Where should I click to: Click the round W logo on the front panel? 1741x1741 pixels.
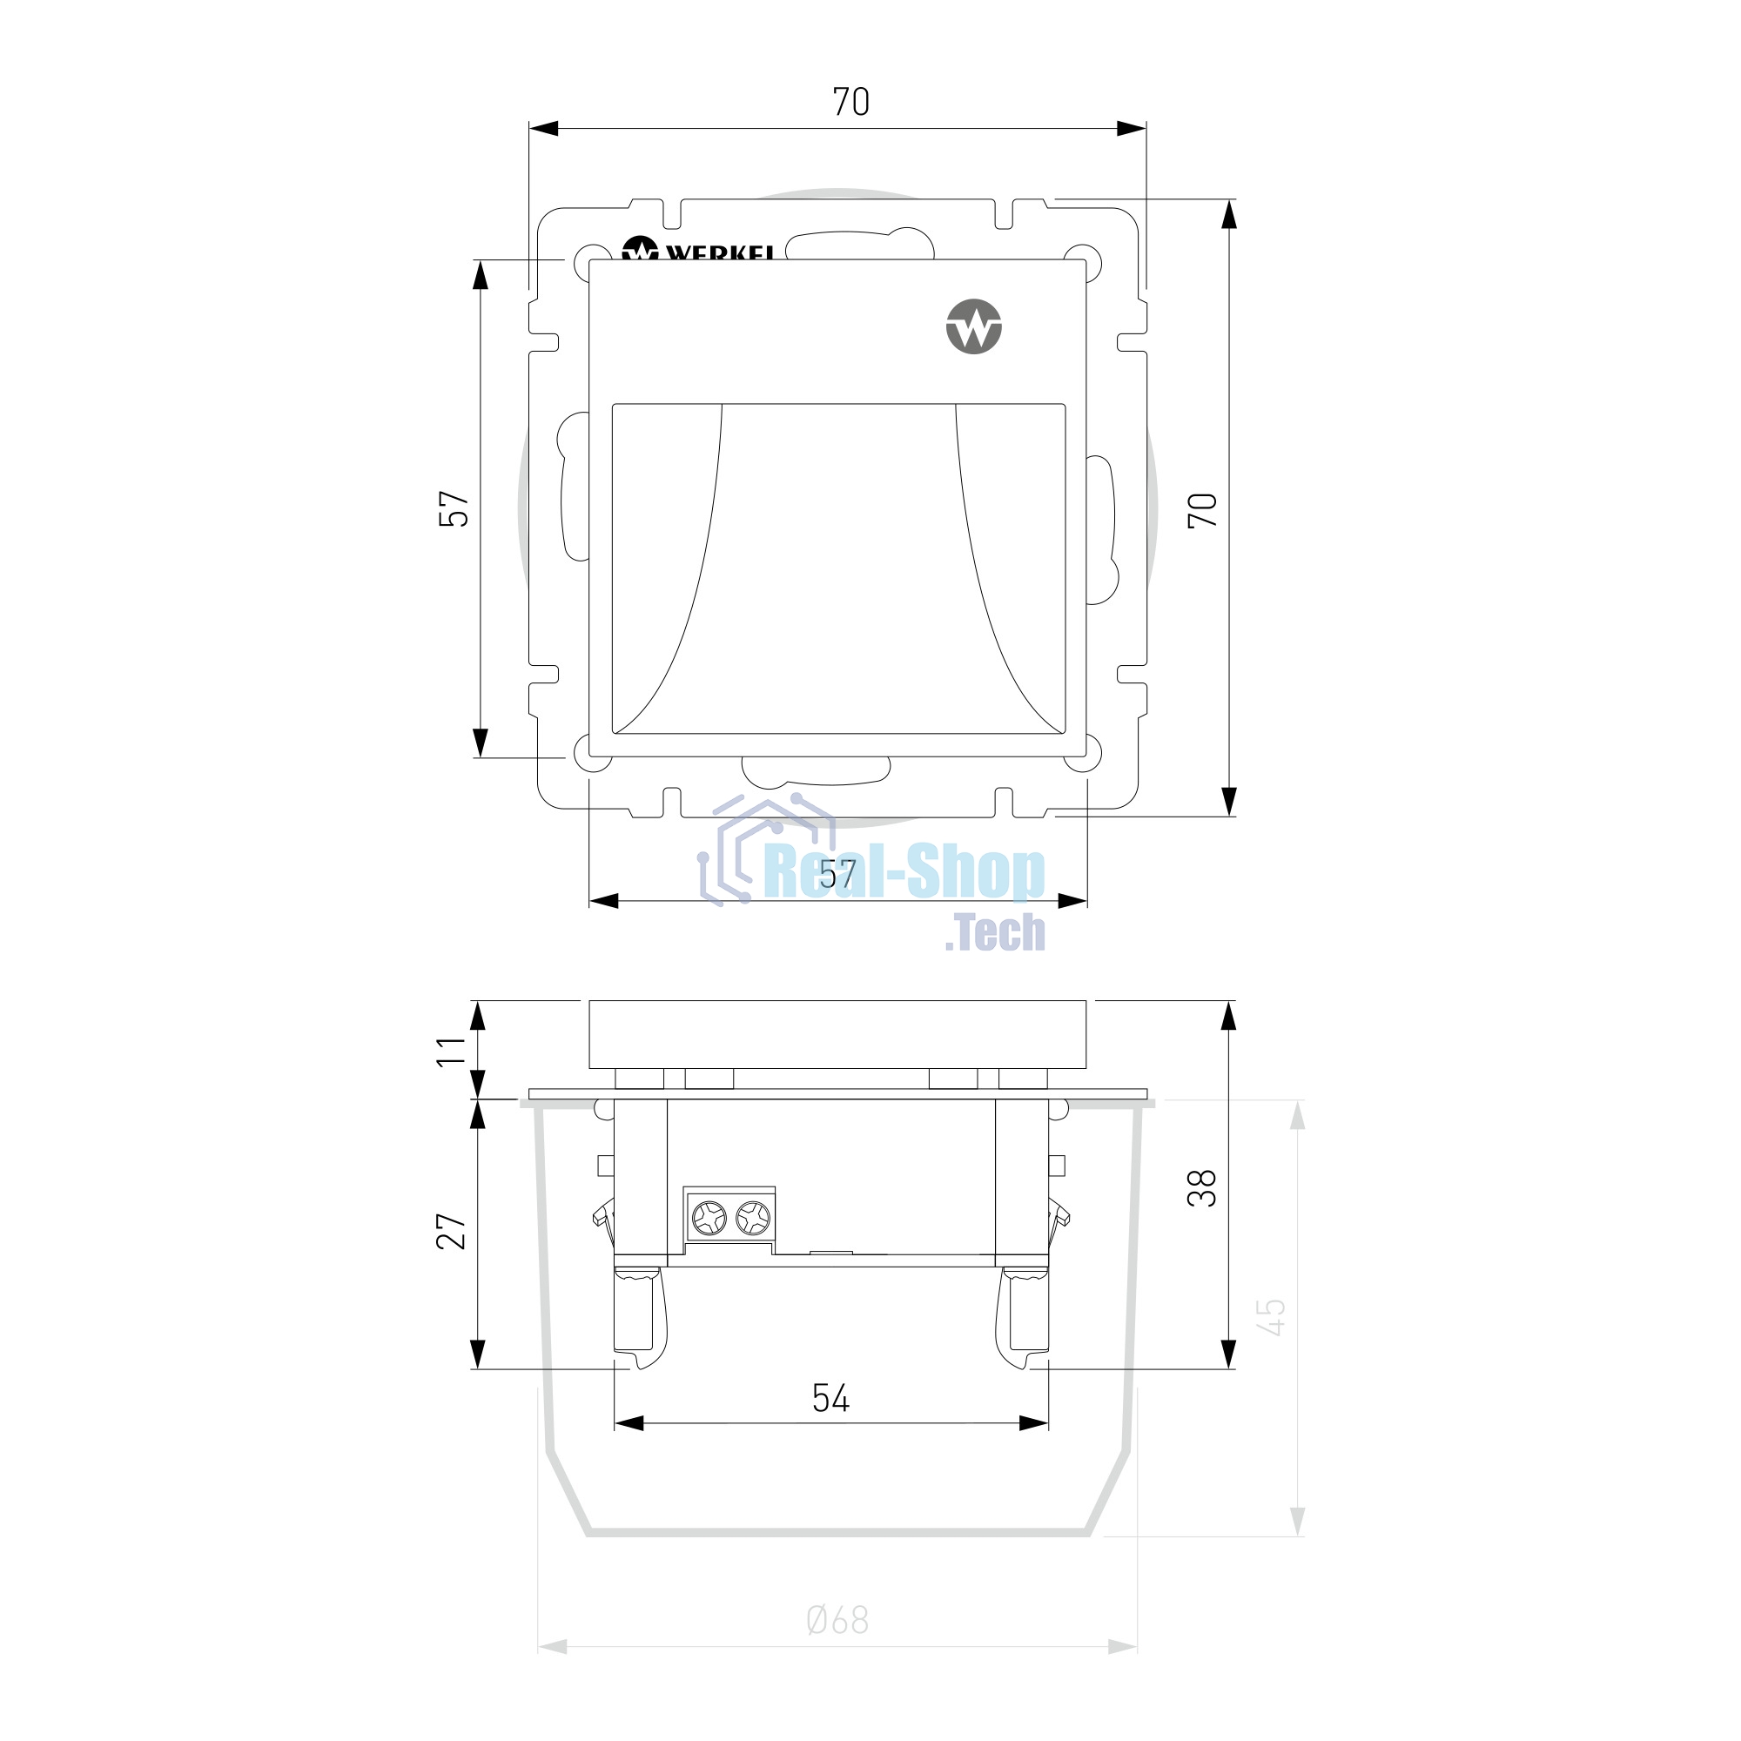(x=974, y=326)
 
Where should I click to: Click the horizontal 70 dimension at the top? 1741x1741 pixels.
(x=850, y=102)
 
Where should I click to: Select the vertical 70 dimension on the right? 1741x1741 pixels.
(x=1203, y=510)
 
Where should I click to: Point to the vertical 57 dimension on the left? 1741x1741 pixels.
(x=454, y=508)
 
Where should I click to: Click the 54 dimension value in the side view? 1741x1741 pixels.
(x=830, y=1399)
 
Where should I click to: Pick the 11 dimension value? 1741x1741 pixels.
(x=452, y=1051)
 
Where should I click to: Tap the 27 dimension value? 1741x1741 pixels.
(x=452, y=1231)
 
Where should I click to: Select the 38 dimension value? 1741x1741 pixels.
(x=1202, y=1187)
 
